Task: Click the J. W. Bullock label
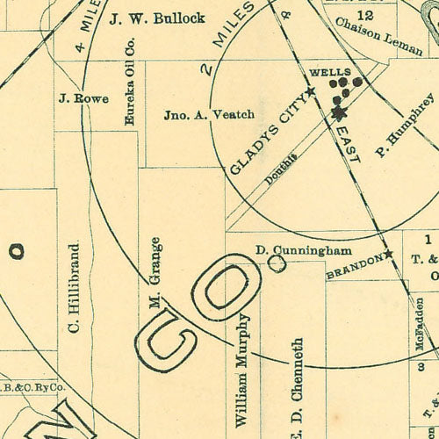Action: click(x=157, y=18)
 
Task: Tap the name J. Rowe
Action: click(x=83, y=98)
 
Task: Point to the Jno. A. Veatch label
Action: click(x=209, y=114)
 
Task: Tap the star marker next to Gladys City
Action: click(x=310, y=91)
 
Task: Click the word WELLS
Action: click(x=331, y=71)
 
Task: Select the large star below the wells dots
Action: click(x=339, y=113)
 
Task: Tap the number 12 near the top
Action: click(x=365, y=16)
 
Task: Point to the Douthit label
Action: click(x=281, y=167)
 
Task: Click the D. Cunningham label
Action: click(x=304, y=250)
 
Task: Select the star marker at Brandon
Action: click(x=388, y=255)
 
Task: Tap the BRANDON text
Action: click(x=354, y=267)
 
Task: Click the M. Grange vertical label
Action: click(x=155, y=273)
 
